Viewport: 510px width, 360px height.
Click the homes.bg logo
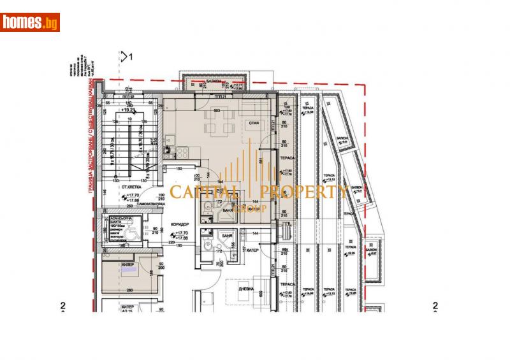pyautogui.click(x=30, y=22)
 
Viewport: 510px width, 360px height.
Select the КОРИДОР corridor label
pyautogui.click(x=178, y=225)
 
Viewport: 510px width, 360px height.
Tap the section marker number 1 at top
pyautogui.click(x=131, y=57)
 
